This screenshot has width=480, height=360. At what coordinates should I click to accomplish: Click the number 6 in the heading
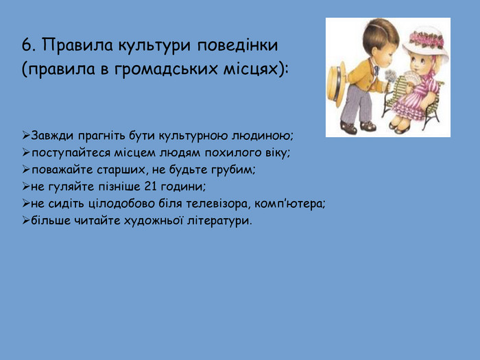point(26,46)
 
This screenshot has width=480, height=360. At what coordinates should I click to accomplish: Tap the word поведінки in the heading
point(237,46)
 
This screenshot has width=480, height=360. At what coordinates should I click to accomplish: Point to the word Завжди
point(52,136)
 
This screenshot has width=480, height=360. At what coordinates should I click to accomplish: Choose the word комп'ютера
point(289,204)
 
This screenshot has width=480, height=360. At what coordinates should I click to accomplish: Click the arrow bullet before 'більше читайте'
point(26,220)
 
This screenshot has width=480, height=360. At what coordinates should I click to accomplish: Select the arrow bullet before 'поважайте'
point(26,169)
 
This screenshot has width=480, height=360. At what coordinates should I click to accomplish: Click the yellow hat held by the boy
point(337,84)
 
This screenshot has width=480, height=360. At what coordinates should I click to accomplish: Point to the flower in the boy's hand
point(390,75)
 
